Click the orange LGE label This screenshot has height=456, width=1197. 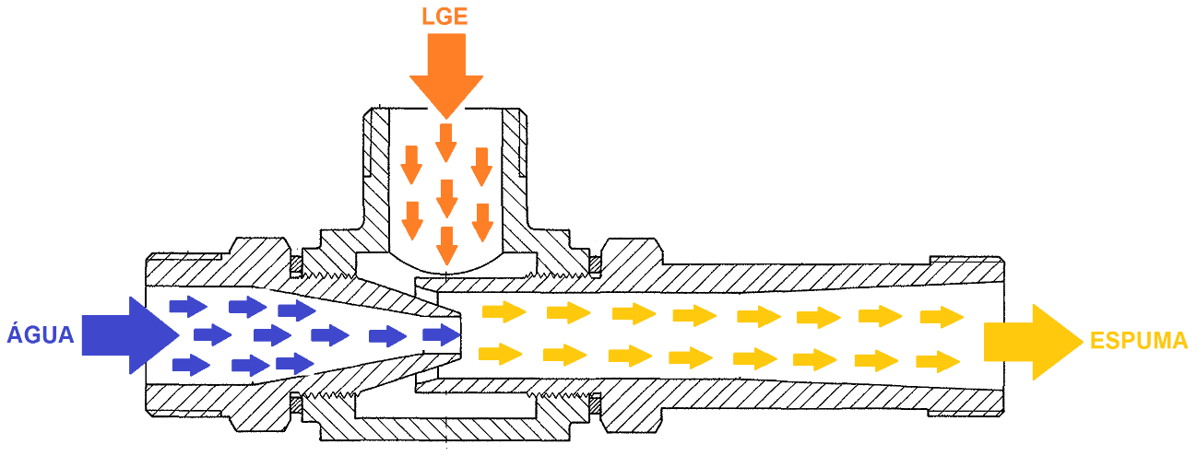pos(444,17)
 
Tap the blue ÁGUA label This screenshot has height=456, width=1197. pos(40,333)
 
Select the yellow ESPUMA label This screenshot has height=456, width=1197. pos(1138,341)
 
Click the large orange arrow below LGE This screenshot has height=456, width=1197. pos(446,76)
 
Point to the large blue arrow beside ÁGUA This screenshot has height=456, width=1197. pos(130,335)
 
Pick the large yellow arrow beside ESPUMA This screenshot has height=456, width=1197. pos(1034,342)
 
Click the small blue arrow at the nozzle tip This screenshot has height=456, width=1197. pos(442,334)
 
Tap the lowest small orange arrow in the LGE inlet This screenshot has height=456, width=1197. pos(446,246)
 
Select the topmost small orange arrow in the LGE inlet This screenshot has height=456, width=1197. pos(445,143)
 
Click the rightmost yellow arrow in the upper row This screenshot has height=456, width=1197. pos(942,317)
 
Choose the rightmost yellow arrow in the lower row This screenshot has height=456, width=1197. pos(938,362)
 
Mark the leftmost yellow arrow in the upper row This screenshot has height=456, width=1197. pos(504,312)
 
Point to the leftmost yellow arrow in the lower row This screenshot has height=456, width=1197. pos(500,354)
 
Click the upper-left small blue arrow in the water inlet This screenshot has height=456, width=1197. pos(188,307)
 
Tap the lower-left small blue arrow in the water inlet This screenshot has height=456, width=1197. pos(191,366)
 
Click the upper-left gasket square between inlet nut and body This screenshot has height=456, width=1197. pos(296,263)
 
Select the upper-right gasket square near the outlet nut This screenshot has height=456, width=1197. pos(594,263)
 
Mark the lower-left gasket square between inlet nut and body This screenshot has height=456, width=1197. pos(296,404)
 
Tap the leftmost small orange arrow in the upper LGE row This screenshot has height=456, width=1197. pos(411,165)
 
